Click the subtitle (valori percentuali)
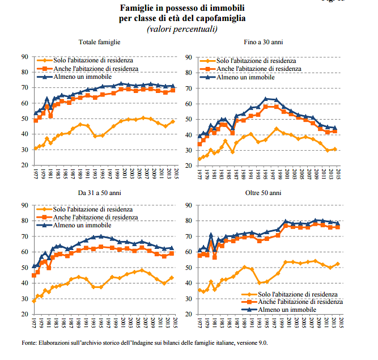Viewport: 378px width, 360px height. [x=181, y=29]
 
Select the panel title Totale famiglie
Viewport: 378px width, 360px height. [x=99, y=42]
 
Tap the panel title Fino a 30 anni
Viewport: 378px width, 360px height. [x=264, y=42]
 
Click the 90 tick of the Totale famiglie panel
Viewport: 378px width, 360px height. [x=26, y=56]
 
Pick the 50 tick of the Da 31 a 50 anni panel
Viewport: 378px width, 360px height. [x=26, y=267]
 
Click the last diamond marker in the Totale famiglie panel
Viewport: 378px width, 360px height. [x=172, y=121]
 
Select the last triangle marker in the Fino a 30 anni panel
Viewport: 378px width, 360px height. [x=334, y=128]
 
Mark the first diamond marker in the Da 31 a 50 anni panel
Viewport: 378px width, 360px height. [x=34, y=300]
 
